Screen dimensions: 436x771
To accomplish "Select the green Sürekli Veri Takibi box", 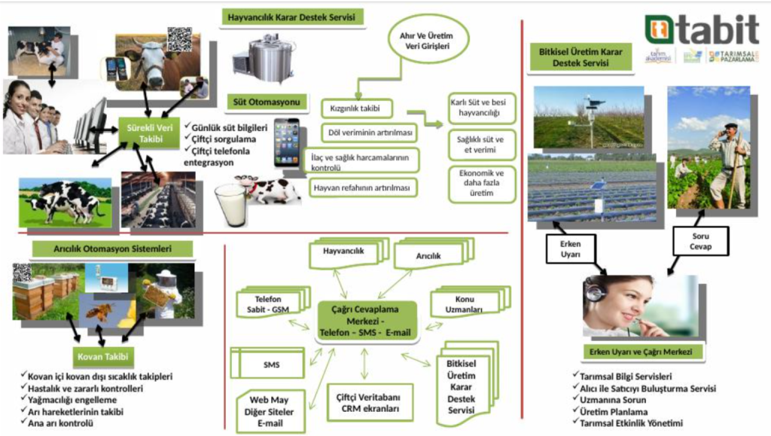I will pos(151,133).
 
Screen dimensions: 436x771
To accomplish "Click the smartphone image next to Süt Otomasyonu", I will pos(285,142).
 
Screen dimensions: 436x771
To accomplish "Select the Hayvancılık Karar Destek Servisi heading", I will pos(292,17).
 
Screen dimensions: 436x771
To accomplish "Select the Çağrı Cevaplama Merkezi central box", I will pos(365,321).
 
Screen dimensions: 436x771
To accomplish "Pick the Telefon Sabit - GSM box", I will pos(269,303).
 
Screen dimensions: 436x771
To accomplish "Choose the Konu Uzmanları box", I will pos(465,303).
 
